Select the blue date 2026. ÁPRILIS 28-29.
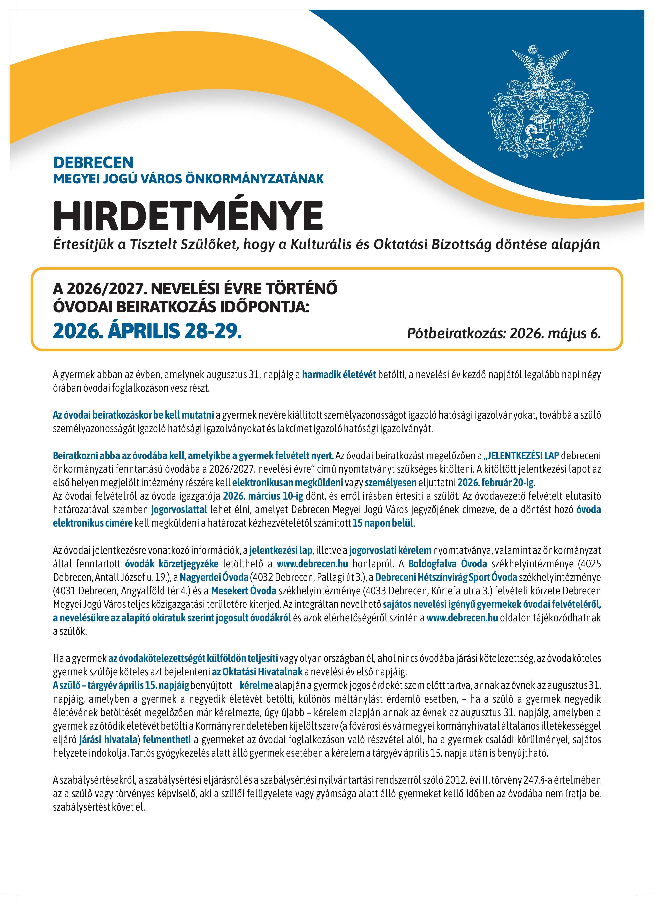(147, 331)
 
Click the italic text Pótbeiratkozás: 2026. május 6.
(504, 333)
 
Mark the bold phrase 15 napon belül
(383, 523)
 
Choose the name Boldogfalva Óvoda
(448, 564)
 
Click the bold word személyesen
(391, 482)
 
